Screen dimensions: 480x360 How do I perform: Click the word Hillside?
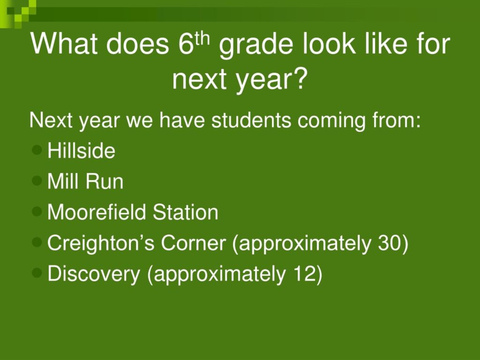81,150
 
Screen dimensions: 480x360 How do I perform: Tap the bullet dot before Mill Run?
37,180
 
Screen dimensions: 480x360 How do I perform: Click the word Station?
186,212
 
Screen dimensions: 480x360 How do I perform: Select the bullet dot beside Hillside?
37,150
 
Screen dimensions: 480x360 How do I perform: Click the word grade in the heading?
256,45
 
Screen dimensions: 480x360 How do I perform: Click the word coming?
331,121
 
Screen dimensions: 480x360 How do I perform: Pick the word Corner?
193,243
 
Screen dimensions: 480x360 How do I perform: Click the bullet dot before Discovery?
37,272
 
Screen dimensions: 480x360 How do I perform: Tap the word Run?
105,181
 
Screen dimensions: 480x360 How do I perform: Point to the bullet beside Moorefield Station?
37,211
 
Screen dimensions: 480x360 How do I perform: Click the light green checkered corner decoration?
18,14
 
